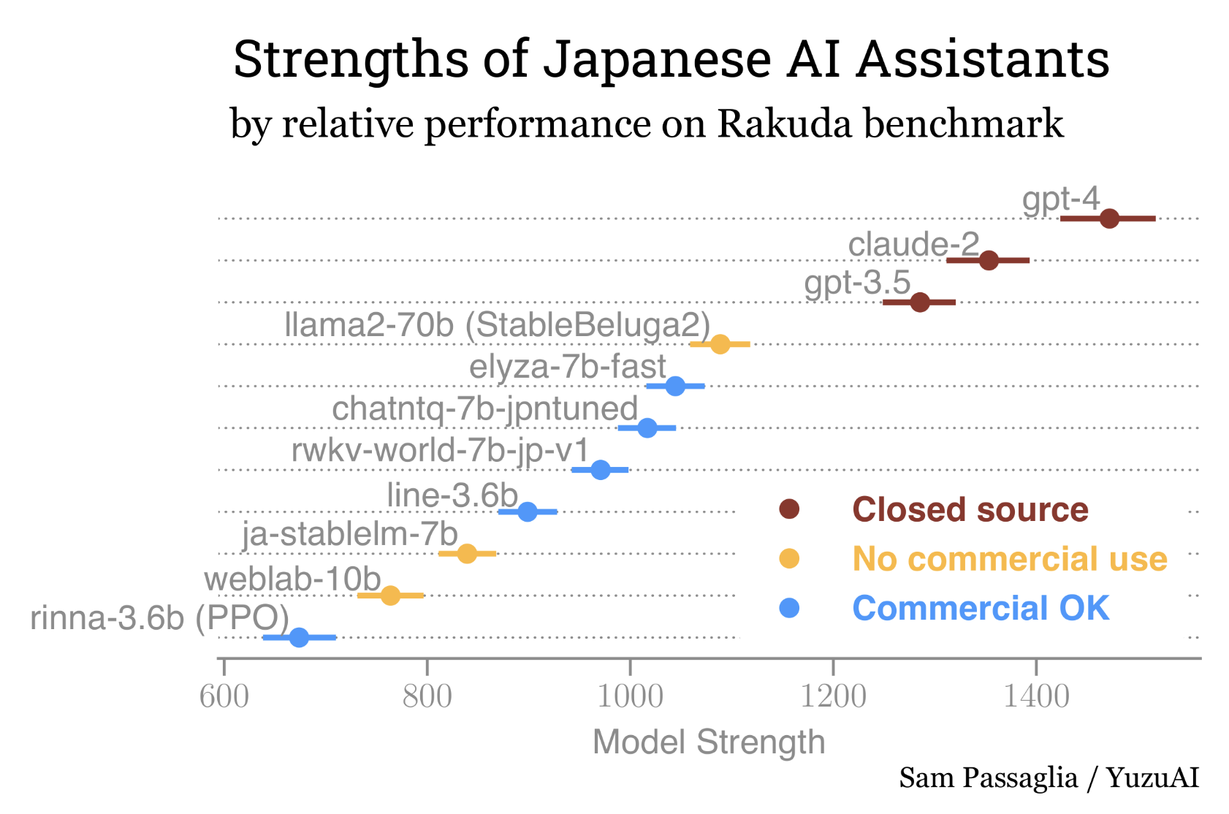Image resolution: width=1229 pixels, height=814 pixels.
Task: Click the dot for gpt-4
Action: point(1109,218)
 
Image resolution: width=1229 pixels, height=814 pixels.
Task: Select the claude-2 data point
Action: point(989,260)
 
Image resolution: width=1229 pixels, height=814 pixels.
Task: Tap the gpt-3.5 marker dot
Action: point(920,302)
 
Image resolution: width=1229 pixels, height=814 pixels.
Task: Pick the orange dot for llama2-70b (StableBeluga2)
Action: point(720,344)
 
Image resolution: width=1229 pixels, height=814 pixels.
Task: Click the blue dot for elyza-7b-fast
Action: point(675,386)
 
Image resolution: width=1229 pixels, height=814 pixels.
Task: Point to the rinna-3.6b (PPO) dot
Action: point(299,637)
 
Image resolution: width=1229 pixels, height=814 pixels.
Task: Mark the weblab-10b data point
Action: point(391,596)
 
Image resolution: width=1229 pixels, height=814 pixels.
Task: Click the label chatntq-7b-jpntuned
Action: point(485,409)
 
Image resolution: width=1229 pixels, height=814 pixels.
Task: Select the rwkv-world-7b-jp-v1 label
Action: point(440,451)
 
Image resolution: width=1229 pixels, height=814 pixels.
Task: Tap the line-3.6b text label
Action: point(452,495)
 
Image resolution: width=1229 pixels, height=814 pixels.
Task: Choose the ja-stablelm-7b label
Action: point(350,535)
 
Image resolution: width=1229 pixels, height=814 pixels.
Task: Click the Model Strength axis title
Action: point(709,742)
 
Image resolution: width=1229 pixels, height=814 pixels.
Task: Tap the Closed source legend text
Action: point(970,510)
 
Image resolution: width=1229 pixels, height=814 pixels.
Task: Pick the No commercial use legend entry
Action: point(1010,559)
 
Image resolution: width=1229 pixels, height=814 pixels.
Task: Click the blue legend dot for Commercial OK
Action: point(789,608)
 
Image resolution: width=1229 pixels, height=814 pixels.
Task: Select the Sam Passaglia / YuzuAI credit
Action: point(1049,778)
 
